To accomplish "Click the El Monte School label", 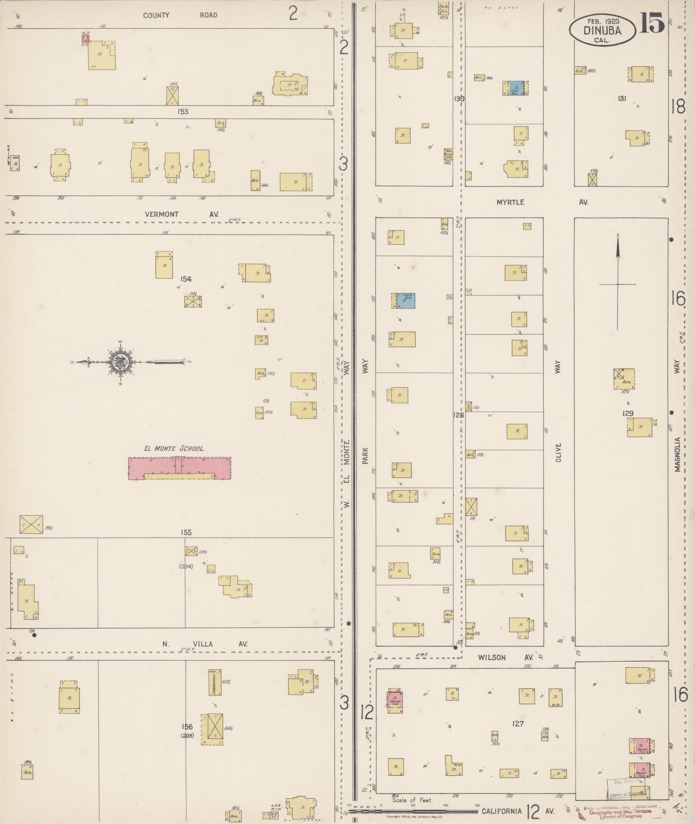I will [x=174, y=448].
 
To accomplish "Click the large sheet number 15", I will [x=651, y=23].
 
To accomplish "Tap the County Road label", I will [x=180, y=15].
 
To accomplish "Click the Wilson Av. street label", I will [x=505, y=658].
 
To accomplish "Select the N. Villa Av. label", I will [x=205, y=644].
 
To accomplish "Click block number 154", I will [x=186, y=279].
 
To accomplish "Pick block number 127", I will [x=517, y=724].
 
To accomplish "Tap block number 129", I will [x=628, y=414].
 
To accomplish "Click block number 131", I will [x=622, y=99].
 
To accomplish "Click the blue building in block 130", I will [x=515, y=88].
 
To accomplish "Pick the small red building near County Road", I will [x=86, y=39].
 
